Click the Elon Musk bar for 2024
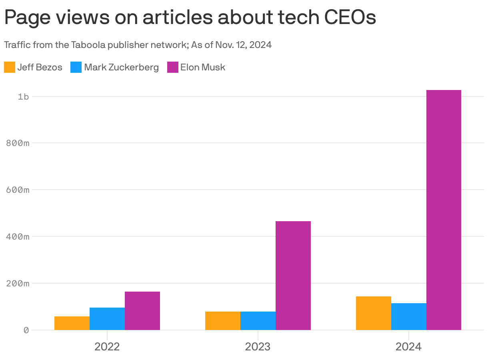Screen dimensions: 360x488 click(x=444, y=210)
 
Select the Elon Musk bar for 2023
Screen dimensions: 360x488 click(x=293, y=276)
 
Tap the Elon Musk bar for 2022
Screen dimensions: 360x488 click(x=142, y=311)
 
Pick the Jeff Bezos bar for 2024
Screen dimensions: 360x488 click(x=373, y=313)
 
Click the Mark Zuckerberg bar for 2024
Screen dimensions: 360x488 click(x=408, y=316)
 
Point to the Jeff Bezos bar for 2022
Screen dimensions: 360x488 click(x=72, y=323)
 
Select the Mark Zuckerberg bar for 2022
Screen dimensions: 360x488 click(x=107, y=319)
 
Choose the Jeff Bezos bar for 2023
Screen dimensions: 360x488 click(x=223, y=321)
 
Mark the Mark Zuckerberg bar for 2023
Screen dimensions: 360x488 click(x=258, y=321)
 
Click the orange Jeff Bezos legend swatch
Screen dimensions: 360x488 click(x=10, y=67)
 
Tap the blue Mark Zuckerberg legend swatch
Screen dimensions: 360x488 click(x=76, y=67)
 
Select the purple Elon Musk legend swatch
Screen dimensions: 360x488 click(x=172, y=67)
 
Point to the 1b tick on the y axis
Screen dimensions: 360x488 click(x=24, y=96)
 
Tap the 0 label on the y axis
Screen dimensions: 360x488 click(x=26, y=330)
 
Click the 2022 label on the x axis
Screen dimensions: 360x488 click(x=107, y=346)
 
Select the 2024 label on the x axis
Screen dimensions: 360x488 click(x=408, y=346)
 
